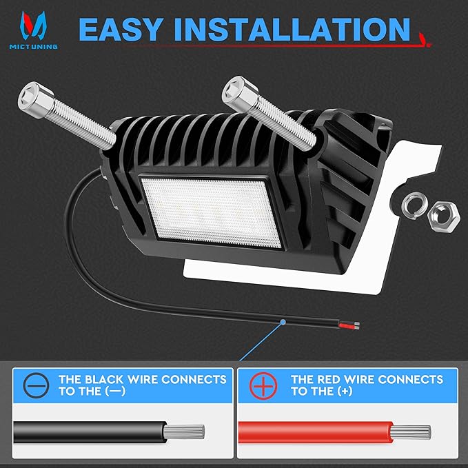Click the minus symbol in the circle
pos(37,385)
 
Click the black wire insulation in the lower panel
pos(90,432)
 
